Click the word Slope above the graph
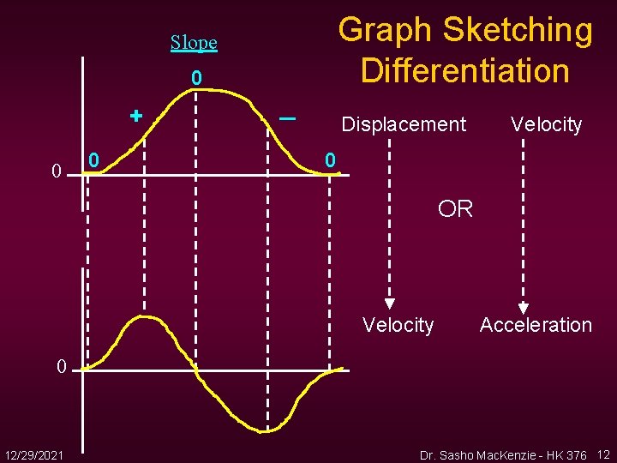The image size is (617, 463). pyautogui.click(x=194, y=42)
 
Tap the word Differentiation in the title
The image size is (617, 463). pyautogui.click(x=465, y=70)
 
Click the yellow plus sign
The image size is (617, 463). pyautogui.click(x=135, y=115)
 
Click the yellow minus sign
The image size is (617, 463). pyautogui.click(x=287, y=118)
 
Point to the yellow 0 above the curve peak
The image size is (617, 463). pyautogui.click(x=196, y=79)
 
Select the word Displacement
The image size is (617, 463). pyautogui.click(x=404, y=124)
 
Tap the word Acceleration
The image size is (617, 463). pyautogui.click(x=536, y=325)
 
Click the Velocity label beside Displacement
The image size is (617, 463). pyautogui.click(x=546, y=124)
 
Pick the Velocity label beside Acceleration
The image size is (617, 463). pyautogui.click(x=398, y=325)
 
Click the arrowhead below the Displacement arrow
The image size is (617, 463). pyautogui.click(x=390, y=303)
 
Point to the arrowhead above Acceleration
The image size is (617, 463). pyautogui.click(x=523, y=308)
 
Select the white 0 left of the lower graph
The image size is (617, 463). pyautogui.click(x=61, y=367)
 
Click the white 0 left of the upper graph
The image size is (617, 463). pyautogui.click(x=56, y=171)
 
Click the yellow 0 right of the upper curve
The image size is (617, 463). pyautogui.click(x=330, y=159)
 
